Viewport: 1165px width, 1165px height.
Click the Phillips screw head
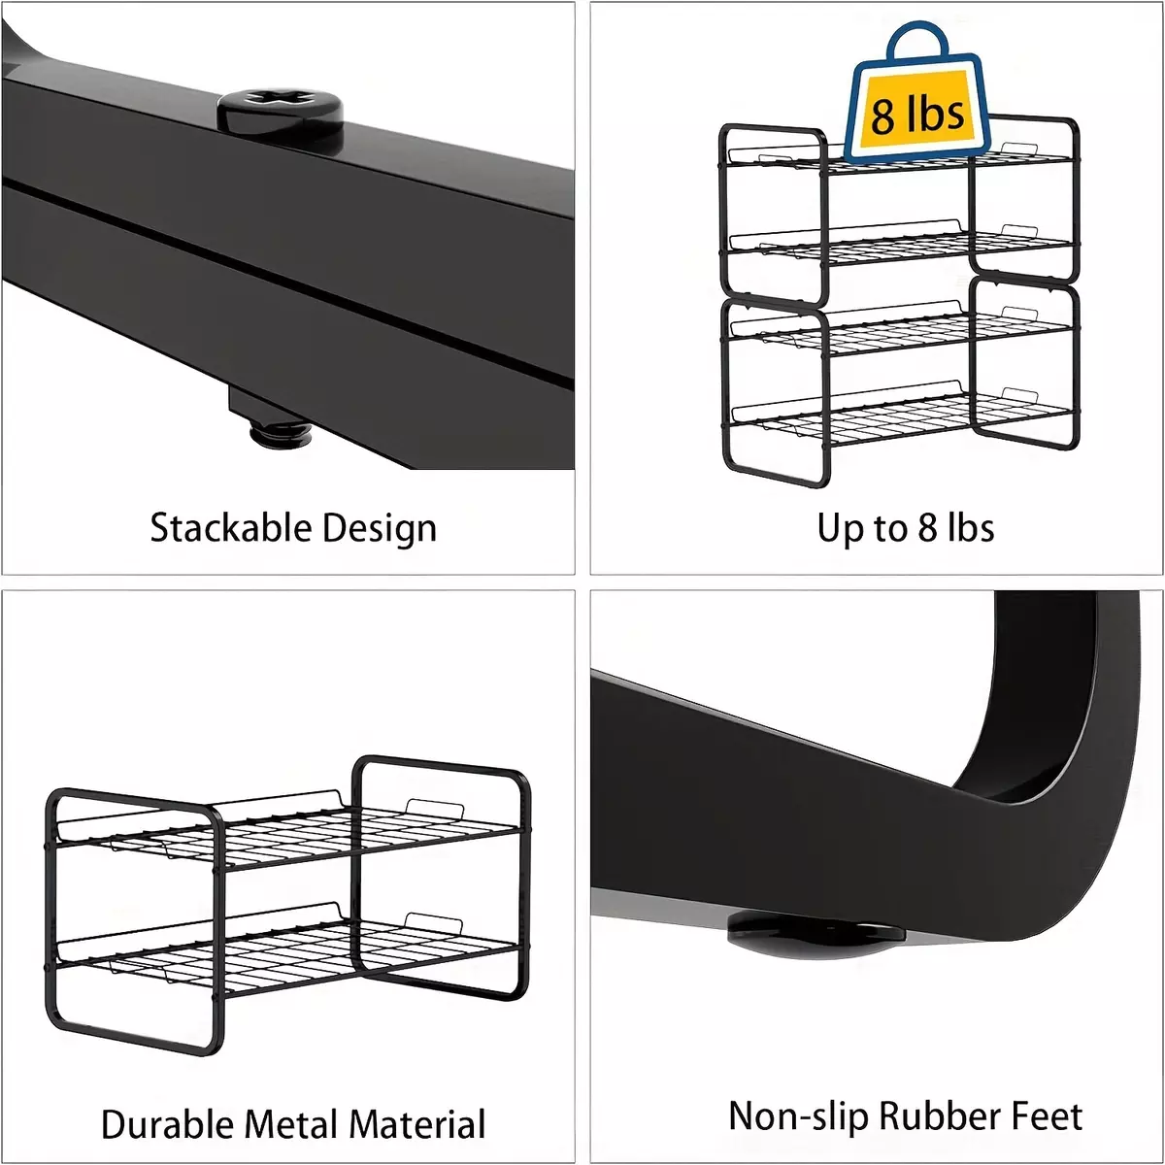(x=281, y=114)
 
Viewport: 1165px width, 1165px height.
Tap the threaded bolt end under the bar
(x=280, y=433)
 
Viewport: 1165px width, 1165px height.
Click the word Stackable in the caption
(x=230, y=528)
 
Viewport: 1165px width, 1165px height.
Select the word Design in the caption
(x=379, y=529)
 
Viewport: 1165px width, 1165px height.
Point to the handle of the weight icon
(x=916, y=43)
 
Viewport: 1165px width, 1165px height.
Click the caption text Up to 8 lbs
(x=906, y=528)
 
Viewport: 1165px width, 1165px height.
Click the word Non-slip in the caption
(x=798, y=1117)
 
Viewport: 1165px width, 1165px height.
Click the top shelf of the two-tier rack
(x=287, y=836)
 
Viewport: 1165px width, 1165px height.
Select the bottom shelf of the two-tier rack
(x=287, y=951)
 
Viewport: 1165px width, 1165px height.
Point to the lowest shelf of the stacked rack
(x=900, y=415)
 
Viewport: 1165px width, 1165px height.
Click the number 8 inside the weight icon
(x=882, y=116)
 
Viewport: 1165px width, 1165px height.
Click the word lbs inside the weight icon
(x=934, y=113)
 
